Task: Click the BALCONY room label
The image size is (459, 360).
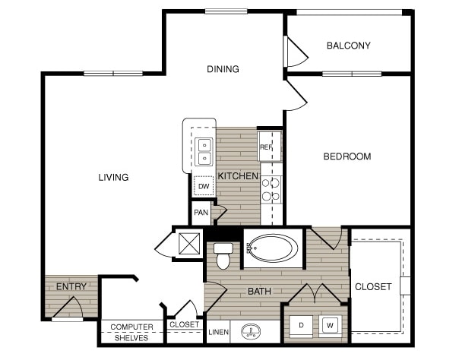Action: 348,46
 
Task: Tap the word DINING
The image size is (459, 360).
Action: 223,69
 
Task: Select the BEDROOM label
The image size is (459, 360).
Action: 347,157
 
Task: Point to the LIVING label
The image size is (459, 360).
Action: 112,178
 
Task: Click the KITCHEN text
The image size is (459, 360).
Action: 238,176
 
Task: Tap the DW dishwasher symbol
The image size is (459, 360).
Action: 203,185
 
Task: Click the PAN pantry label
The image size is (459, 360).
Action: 201,213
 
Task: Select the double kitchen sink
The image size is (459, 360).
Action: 204,151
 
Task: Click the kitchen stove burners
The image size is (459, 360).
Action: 271,189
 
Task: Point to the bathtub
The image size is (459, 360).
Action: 274,248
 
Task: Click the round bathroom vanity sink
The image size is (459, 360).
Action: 252,331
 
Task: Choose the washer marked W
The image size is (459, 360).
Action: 331,325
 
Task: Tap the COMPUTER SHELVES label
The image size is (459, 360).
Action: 131,333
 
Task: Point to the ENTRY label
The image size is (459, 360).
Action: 71,286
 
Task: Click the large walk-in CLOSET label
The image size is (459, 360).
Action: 373,286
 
